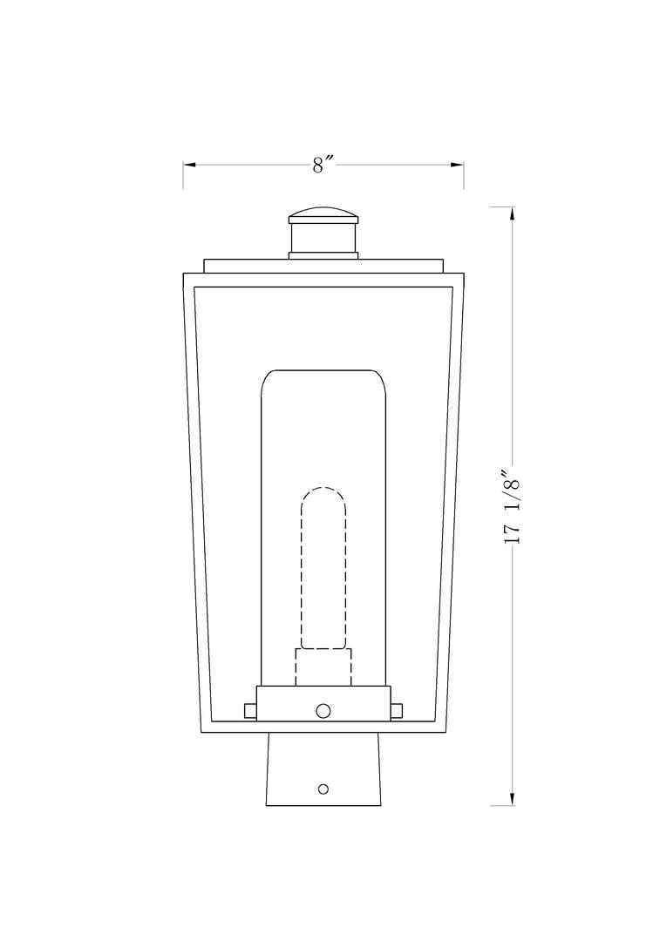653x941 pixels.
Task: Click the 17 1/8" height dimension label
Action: [x=513, y=505]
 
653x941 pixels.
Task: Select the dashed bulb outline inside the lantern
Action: [x=323, y=566]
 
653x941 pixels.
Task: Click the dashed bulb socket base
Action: [x=323, y=667]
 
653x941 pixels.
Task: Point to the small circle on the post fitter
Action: [x=323, y=789]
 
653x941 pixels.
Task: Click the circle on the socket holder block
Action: [x=323, y=710]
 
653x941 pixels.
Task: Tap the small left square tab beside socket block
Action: [x=250, y=711]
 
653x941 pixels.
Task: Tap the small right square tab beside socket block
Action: [x=398, y=711]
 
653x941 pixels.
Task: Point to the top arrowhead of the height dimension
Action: [x=513, y=213]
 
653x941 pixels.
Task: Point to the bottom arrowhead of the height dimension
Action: [x=513, y=799]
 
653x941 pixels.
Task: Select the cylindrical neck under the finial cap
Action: [x=323, y=237]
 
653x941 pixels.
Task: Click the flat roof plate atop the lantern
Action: [x=323, y=266]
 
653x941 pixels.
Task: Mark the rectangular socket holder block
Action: [x=323, y=703]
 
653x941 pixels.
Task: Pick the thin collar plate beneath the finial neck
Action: [x=323, y=254]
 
